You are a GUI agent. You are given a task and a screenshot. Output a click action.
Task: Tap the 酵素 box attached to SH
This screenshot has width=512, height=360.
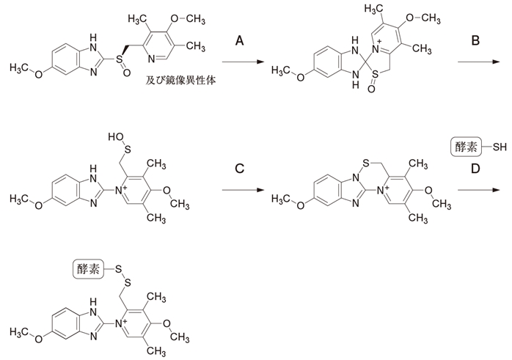coord(462,147)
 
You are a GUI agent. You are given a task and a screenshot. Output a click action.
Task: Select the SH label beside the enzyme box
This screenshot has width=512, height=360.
coord(499,147)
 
